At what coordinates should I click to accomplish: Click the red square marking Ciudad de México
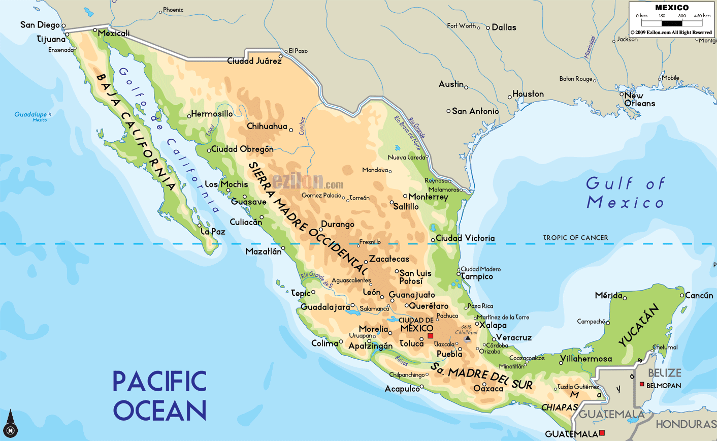point(430,335)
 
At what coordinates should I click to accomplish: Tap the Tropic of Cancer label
point(575,238)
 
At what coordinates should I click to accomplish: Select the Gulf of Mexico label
point(626,193)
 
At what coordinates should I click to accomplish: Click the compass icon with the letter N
point(10,430)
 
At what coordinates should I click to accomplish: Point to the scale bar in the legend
point(671,23)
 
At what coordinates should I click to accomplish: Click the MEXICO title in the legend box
point(671,8)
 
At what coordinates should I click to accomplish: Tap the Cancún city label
point(699,295)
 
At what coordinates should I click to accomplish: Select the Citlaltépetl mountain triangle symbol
point(468,338)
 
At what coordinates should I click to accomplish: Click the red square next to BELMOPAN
point(642,385)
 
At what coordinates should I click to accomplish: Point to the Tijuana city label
point(51,39)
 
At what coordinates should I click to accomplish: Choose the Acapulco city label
point(402,389)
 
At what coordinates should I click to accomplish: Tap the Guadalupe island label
point(30,115)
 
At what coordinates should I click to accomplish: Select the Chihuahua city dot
point(291,130)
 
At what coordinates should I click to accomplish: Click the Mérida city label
point(608,295)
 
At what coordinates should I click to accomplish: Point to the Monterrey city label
point(428,197)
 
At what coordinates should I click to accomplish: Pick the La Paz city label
point(213,232)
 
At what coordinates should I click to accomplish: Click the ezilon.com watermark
point(308,182)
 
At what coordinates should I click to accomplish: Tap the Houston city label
point(528,94)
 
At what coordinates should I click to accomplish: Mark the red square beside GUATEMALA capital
point(602,433)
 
